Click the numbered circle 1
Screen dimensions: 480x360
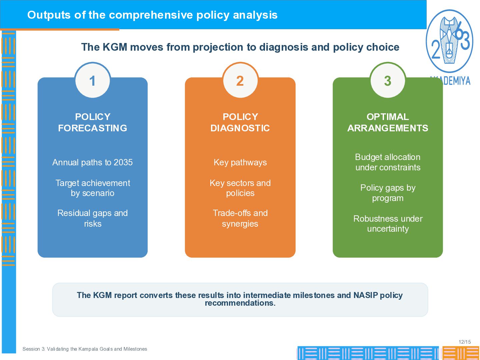tap(93, 80)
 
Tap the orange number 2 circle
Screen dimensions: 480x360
tap(240, 80)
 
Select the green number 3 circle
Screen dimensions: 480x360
tap(388, 80)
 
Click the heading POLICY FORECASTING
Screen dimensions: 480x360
tap(93, 122)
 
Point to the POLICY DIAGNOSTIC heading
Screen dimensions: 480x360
tap(240, 122)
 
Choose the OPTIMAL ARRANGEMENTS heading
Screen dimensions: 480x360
tap(388, 122)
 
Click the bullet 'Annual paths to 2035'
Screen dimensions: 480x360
tap(93, 162)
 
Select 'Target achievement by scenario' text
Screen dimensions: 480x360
tap(93, 188)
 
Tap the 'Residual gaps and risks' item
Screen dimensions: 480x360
tap(93, 218)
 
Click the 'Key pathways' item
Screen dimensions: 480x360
tap(240, 162)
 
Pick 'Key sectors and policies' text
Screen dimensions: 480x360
tap(240, 188)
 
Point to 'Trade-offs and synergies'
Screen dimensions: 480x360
tap(240, 218)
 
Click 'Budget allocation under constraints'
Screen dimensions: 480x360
tap(388, 162)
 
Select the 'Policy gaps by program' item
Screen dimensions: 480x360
tap(388, 193)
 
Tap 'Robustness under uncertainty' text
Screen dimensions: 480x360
tap(388, 224)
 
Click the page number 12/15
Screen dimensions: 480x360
tap(465, 342)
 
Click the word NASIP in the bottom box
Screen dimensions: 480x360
tap(366, 295)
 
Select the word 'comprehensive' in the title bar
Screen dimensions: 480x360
tap(151, 15)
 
